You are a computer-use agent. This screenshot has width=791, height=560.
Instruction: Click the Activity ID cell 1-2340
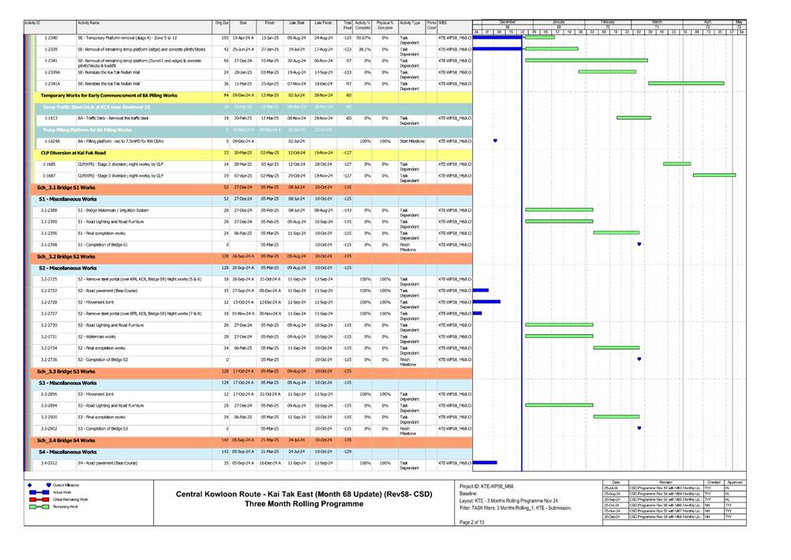tap(51, 38)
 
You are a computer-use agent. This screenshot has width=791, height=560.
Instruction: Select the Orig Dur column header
tap(222, 25)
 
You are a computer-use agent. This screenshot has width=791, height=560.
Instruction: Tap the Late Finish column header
tap(322, 25)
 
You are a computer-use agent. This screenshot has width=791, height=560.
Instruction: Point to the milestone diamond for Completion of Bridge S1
tap(638, 244)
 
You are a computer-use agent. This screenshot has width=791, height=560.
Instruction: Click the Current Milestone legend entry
tap(69, 485)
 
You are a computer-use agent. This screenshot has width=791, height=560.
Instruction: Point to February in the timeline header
tap(608, 21)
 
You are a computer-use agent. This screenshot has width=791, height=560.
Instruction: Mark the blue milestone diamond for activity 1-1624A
tap(495, 141)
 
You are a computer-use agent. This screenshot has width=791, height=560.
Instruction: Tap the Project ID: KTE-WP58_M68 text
tap(486, 486)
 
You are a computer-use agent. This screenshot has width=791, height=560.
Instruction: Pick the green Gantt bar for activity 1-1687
tap(714, 175)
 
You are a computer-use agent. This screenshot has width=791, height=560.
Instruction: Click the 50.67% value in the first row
tap(363, 38)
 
